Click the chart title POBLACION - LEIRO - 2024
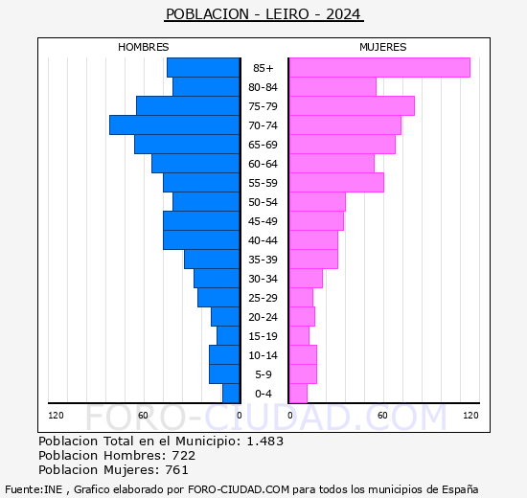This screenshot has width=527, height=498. pos(263,14)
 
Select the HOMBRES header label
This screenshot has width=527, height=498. pos(144,47)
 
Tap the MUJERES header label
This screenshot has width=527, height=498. pos(382,47)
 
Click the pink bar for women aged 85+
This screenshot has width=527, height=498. pos(378,67)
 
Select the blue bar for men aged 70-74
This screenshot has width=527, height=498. pos(173,124)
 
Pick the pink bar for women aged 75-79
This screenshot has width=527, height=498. pos(351,105)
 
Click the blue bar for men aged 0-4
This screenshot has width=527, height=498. pos(230,393)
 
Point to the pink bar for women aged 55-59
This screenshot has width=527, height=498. pos(335,182)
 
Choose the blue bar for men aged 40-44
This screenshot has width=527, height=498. pos(200,239)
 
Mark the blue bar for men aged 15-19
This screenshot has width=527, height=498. pos(227,335)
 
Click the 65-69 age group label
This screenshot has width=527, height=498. pos(263,145)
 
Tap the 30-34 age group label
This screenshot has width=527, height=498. pos(263,279)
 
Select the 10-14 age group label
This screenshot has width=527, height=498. pos(263,355)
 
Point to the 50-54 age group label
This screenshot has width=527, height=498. pos(263,202)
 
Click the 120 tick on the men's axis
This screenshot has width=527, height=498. pos(56,415)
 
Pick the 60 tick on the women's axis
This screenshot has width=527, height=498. pos(381,415)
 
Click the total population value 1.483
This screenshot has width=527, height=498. pos(264,441)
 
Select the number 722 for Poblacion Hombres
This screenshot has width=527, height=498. pos(183,455)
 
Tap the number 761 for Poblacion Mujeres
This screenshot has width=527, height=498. pos(175,469)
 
